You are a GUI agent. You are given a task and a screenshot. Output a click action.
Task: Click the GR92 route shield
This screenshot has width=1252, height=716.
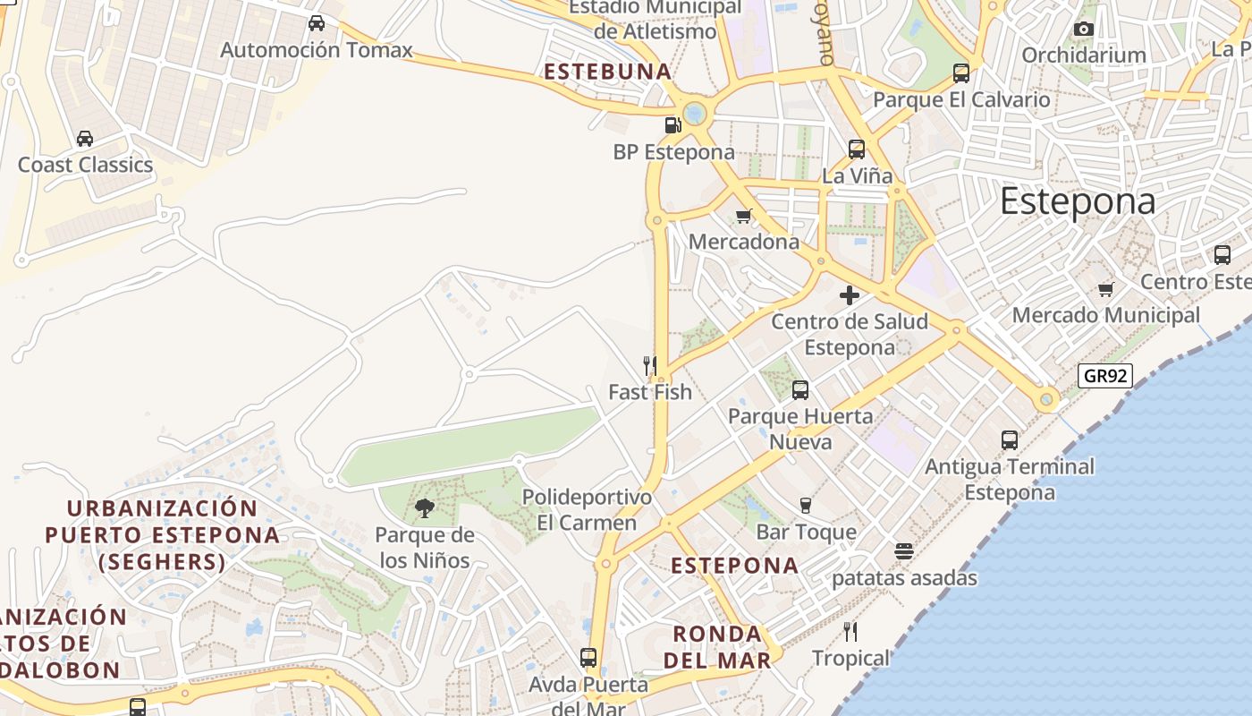coord(1105,376)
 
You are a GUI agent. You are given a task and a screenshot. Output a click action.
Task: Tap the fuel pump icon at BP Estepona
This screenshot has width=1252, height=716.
coord(673,125)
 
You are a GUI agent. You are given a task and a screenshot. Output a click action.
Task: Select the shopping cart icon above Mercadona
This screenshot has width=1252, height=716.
coord(743,216)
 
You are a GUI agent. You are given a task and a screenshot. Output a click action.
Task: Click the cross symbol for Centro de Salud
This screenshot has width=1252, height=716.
coord(850,294)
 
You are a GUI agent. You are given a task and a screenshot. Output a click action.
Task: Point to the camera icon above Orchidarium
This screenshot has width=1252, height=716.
coord(1084,30)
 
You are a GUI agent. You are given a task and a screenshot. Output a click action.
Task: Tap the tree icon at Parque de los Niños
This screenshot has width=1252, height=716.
coord(425,508)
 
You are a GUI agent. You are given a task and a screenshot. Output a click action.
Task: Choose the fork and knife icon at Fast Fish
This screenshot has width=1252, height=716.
coord(650,365)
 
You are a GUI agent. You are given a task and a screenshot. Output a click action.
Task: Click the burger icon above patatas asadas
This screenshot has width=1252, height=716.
coord(904,551)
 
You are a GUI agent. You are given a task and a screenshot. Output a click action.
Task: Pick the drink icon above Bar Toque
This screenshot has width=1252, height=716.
coord(806,506)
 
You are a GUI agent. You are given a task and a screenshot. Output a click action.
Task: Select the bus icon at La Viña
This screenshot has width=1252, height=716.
coord(857,149)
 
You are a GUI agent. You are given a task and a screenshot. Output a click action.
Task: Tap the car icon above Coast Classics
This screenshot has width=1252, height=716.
coord(85,139)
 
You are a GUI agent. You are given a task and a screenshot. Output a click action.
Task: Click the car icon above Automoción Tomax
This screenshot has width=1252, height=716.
coord(317,23)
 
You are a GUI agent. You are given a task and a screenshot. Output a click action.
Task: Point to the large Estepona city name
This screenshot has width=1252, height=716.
coord(1078,201)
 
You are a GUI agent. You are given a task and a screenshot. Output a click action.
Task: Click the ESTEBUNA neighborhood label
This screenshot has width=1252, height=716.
coord(607,72)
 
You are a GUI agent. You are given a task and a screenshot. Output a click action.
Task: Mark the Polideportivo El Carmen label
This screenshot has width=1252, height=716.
coord(587,509)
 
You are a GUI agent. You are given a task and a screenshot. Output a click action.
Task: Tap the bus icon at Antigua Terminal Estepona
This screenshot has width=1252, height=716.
coord(1010,440)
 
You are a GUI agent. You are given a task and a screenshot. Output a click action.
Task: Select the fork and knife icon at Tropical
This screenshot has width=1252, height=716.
coord(850,632)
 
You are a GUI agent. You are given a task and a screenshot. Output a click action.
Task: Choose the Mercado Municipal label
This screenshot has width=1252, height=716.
coord(1105,315)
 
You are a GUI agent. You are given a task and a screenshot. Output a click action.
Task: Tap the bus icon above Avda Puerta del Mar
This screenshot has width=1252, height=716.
coord(588,658)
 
